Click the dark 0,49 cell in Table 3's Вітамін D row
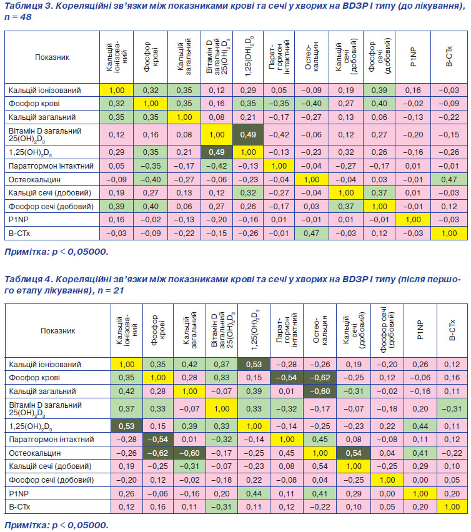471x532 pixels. coord(248,135)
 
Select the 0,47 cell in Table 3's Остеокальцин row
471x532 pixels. coord(449,179)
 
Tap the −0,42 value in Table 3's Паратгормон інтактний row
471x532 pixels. coord(217,166)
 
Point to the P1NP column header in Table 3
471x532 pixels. coord(413,57)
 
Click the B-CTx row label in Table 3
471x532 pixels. coord(19,234)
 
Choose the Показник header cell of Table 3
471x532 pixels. coord(52,57)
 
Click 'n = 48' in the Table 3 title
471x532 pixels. coord(18,17)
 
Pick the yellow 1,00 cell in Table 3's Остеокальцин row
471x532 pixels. coord(312,179)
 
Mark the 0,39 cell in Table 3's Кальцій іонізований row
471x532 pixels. coord(379,91)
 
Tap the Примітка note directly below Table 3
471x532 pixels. coord(56,252)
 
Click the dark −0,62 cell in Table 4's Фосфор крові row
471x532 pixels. coord(320,378)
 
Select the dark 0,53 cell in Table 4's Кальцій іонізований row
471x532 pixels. coord(254,365)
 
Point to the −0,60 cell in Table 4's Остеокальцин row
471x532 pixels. coord(189,453)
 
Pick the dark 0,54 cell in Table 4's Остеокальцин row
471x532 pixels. coord(354,453)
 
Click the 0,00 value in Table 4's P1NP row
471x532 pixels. coord(387,494)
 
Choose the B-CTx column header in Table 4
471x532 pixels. coord(452,330)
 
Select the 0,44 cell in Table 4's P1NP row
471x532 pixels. coord(254,494)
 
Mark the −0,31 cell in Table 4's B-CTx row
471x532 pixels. coord(222,507)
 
